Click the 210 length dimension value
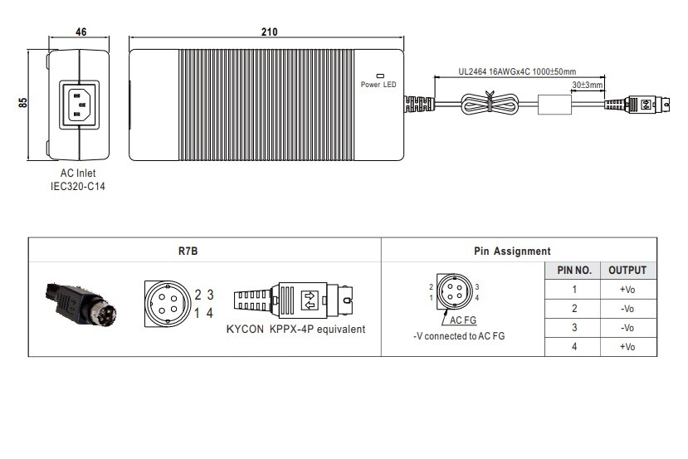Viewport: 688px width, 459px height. tap(268, 32)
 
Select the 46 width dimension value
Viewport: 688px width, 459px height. tap(81, 32)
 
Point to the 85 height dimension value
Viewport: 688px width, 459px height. tap(23, 103)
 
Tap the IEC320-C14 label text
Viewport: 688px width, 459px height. tap(78, 187)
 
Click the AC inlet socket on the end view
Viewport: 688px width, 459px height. tap(80, 104)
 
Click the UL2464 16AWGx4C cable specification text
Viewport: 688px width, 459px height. tap(517, 72)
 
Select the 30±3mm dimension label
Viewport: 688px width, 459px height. tap(588, 85)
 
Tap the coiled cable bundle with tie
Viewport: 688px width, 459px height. tap(489, 105)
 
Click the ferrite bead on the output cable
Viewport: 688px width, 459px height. tap(555, 105)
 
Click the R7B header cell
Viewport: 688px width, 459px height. tap(188, 251)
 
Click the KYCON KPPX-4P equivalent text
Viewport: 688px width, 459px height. tap(296, 329)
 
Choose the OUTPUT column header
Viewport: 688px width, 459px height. tap(627, 271)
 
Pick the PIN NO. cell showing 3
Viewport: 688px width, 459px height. tap(573, 328)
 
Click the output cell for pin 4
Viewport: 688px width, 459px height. tap(627, 347)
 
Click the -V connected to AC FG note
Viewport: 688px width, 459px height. tap(459, 336)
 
